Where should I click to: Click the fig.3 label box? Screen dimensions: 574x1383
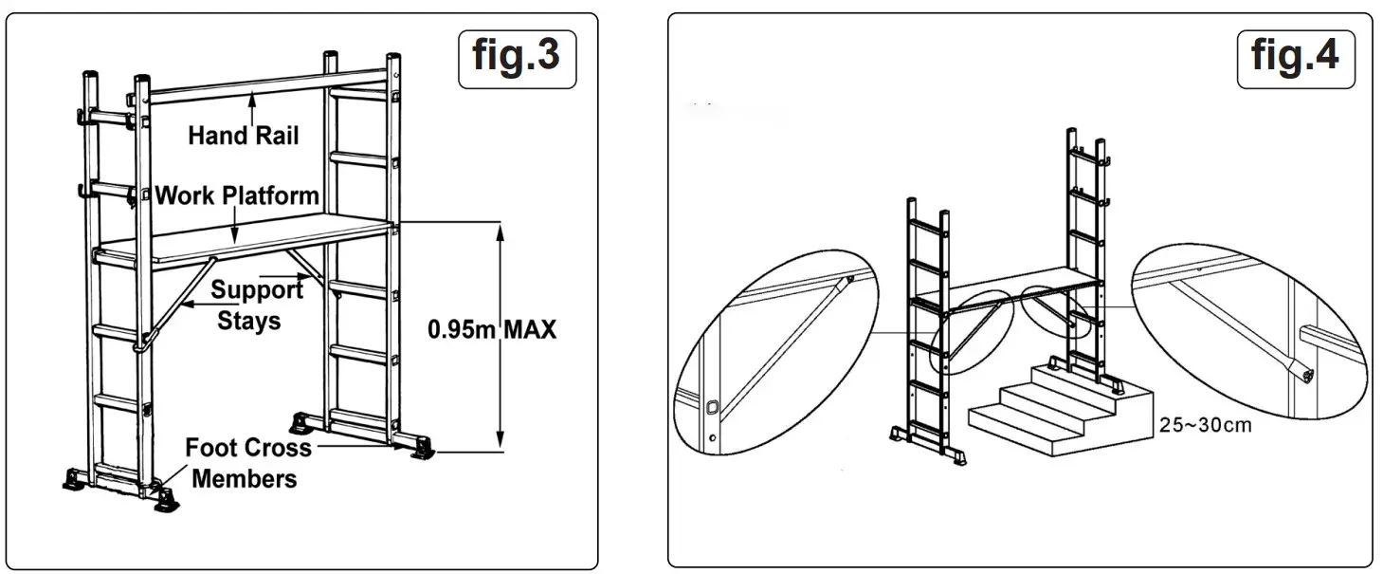pyautogui.click(x=517, y=58)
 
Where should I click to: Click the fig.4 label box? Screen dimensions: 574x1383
pyautogui.click(x=1295, y=57)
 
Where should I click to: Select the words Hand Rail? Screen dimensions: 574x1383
pyautogui.click(x=243, y=136)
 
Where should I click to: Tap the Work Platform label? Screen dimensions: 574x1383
pyautogui.click(x=236, y=196)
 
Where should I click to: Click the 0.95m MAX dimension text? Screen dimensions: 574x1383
pyautogui.click(x=491, y=330)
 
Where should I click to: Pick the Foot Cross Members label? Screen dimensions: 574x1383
pyautogui.click(x=246, y=462)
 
